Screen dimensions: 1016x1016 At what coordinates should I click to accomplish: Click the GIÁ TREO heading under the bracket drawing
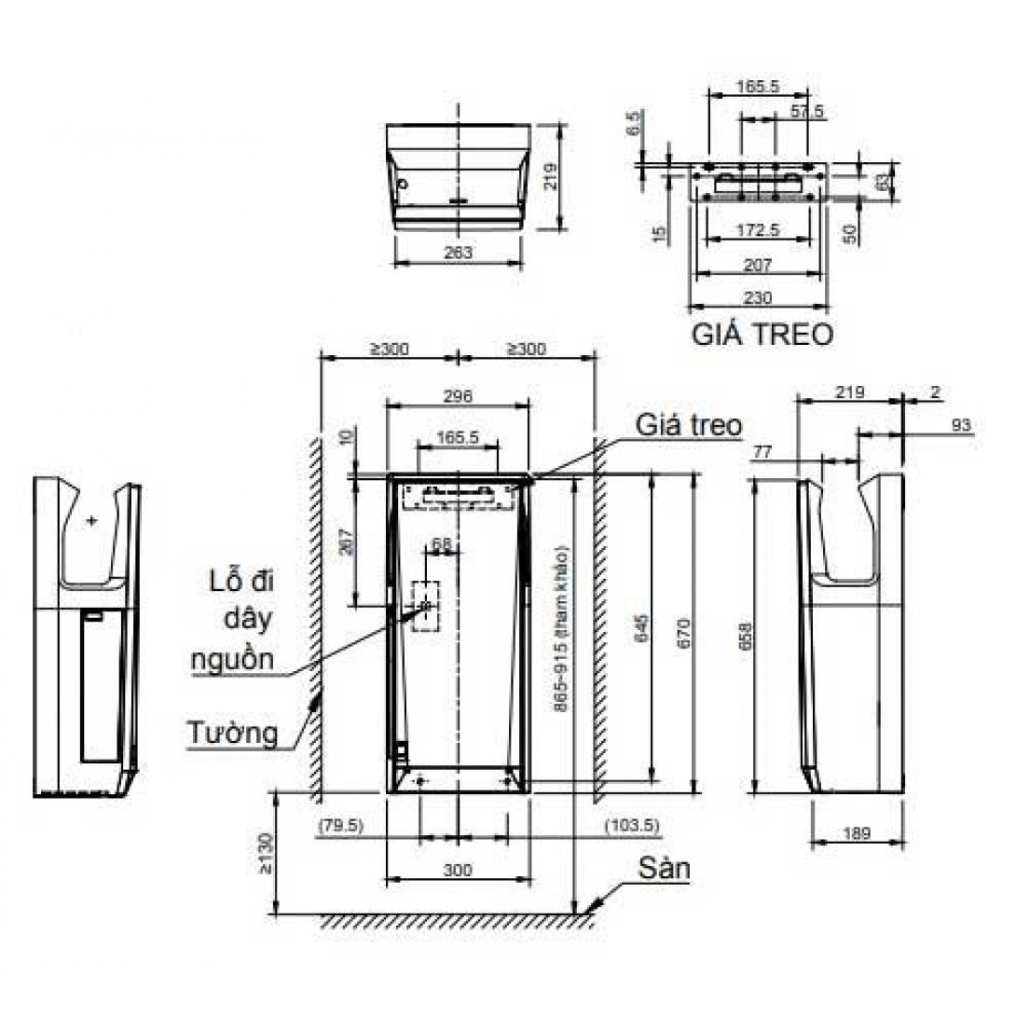pyautogui.click(x=762, y=335)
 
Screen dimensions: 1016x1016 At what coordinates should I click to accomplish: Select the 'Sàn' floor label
pyautogui.click(x=664, y=870)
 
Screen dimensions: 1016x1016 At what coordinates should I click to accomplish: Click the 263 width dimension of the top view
pyautogui.click(x=458, y=252)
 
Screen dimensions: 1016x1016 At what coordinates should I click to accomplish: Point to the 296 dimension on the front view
pyautogui.click(x=458, y=395)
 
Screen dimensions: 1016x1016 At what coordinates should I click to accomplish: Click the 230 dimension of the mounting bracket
pyautogui.click(x=757, y=297)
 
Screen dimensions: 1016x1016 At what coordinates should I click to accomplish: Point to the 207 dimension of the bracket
pyautogui.click(x=757, y=266)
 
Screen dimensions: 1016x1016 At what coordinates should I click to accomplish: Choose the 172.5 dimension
pyautogui.click(x=757, y=228)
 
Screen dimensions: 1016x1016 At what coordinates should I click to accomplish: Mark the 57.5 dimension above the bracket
pyautogui.click(x=807, y=111)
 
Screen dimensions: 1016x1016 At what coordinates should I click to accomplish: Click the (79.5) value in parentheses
pyautogui.click(x=340, y=825)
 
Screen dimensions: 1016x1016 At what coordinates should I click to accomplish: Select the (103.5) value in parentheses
pyautogui.click(x=631, y=825)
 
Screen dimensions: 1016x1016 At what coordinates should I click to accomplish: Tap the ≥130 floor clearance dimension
pyautogui.click(x=268, y=853)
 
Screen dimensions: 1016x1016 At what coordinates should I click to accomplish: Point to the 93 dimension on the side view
pyautogui.click(x=962, y=425)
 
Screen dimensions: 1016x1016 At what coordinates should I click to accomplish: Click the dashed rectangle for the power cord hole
pyautogui.click(x=427, y=607)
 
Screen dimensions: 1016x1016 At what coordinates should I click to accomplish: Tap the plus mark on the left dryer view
pyautogui.click(x=90, y=520)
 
